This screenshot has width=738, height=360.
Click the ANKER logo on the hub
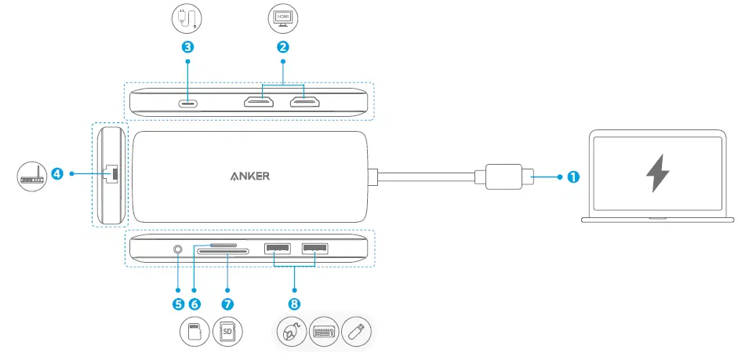coord(250,176)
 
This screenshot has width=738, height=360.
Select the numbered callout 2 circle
coord(283,46)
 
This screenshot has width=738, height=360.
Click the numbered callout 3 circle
coord(187,46)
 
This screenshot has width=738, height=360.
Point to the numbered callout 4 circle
coord(57,173)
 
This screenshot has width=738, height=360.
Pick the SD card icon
coord(227,332)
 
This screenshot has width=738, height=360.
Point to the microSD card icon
coord(194,332)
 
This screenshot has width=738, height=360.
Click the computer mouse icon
coord(292,333)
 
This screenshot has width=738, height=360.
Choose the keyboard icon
coord(325,333)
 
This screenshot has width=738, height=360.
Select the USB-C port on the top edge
coord(188,103)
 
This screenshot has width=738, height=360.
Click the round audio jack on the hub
coord(179,251)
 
